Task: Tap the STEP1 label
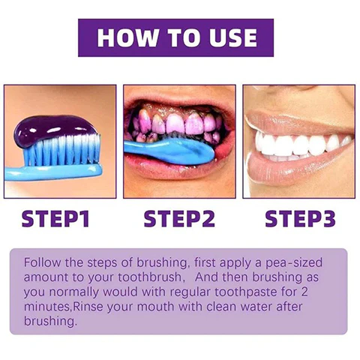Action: pyautogui.click(x=55, y=220)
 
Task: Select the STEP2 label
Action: pyautogui.click(x=179, y=220)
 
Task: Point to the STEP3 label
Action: pyautogui.click(x=300, y=220)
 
